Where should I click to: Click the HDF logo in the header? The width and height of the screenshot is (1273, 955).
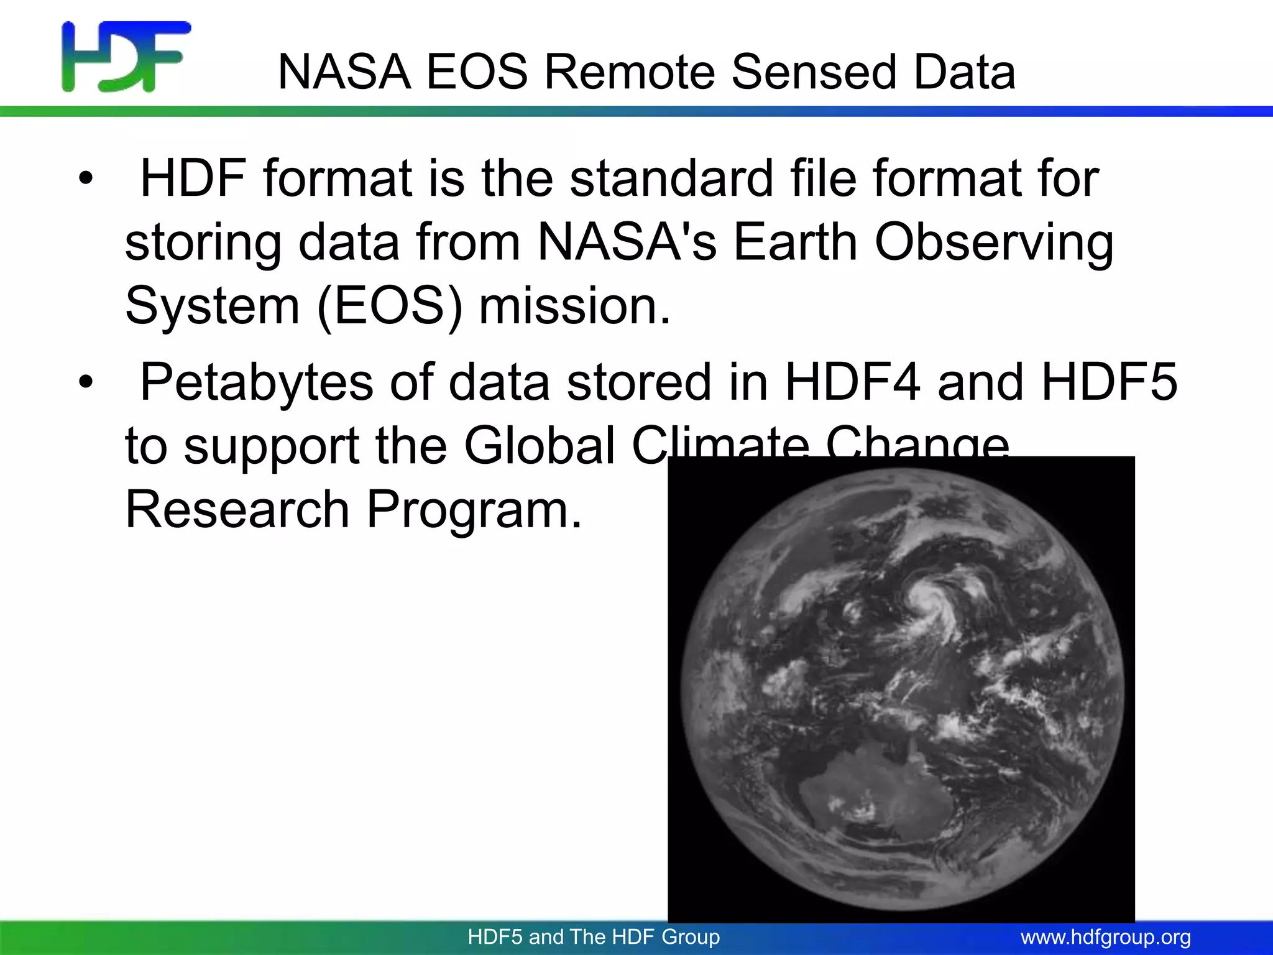(126, 57)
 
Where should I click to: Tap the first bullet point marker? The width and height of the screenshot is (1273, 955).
(86, 180)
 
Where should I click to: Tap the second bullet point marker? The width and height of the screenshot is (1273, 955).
(86, 382)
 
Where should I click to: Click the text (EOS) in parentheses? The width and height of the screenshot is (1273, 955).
(390, 307)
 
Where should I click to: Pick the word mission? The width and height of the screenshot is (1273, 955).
(574, 307)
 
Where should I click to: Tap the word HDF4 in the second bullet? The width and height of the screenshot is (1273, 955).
(852, 382)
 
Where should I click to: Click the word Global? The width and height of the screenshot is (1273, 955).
(540, 446)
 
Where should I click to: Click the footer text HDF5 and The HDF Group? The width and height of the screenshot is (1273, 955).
(594, 937)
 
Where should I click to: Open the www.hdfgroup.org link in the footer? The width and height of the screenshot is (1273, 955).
(1105, 937)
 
